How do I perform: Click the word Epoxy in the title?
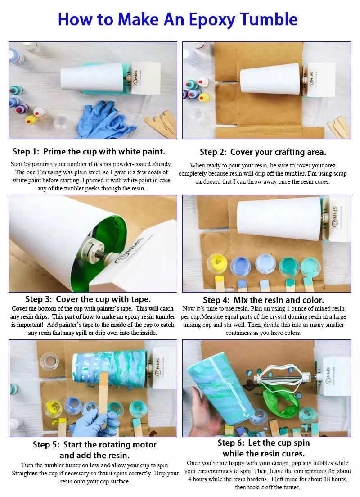(211, 20)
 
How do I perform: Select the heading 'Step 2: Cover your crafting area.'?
(263, 152)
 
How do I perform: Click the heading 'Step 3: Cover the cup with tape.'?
(88, 299)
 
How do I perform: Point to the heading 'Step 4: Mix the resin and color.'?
(263, 300)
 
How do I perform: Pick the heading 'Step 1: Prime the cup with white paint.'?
(89, 152)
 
